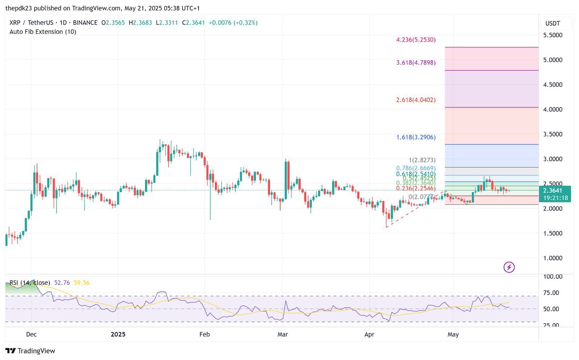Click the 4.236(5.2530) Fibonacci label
pos(416,40)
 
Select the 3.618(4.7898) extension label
pos(416,63)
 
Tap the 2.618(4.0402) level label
pos(416,100)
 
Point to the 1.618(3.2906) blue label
pos(416,137)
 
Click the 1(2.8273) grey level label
pos(422,160)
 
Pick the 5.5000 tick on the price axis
pos(553,35)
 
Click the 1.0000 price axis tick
pos(553,258)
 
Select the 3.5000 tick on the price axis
pos(553,134)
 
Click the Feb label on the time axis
pos(204,334)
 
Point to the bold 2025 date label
pos(118,334)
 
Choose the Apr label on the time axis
pos(369,334)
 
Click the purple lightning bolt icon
pos(509,267)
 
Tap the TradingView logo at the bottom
pos(30,351)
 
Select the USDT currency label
pos(553,24)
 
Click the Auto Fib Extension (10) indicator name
pos(43,32)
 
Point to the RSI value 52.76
pos(62,283)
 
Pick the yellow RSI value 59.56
pos(81,283)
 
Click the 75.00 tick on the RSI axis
pos(551,293)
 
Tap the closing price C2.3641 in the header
pos(193,22)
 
